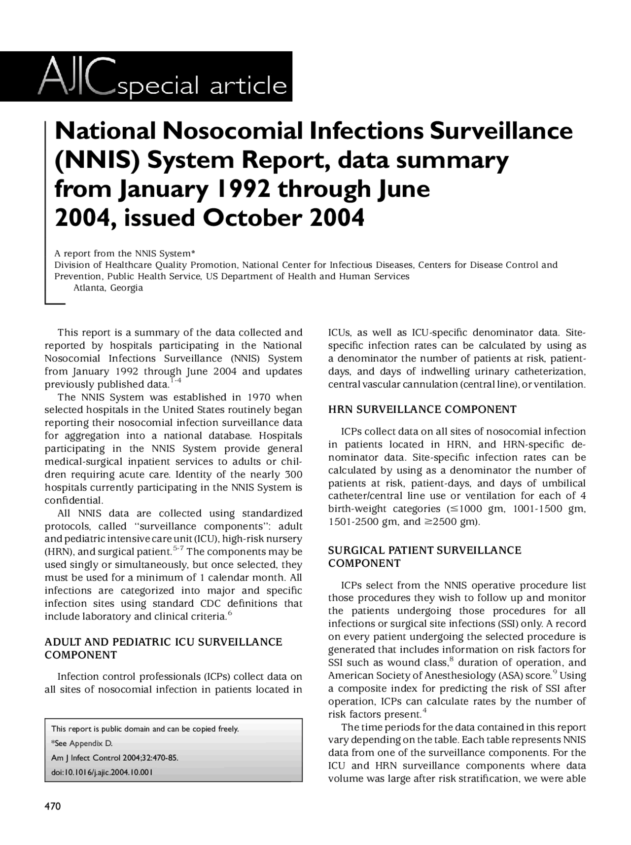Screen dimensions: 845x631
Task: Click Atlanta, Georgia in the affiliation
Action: [x=108, y=288]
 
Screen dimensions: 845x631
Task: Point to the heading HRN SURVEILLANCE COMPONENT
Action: [x=422, y=409]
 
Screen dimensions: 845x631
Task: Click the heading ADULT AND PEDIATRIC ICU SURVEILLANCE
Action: [x=163, y=642]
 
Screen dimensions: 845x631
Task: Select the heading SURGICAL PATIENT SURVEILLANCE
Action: [x=424, y=550]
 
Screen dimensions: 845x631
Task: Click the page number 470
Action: [x=53, y=806]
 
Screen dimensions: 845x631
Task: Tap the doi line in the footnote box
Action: [x=102, y=772]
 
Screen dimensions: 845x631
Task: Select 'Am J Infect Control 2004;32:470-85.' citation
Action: [x=114, y=758]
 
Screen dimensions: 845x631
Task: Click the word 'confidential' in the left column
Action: [x=73, y=500]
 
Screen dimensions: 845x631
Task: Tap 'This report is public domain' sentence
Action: [x=144, y=729]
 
